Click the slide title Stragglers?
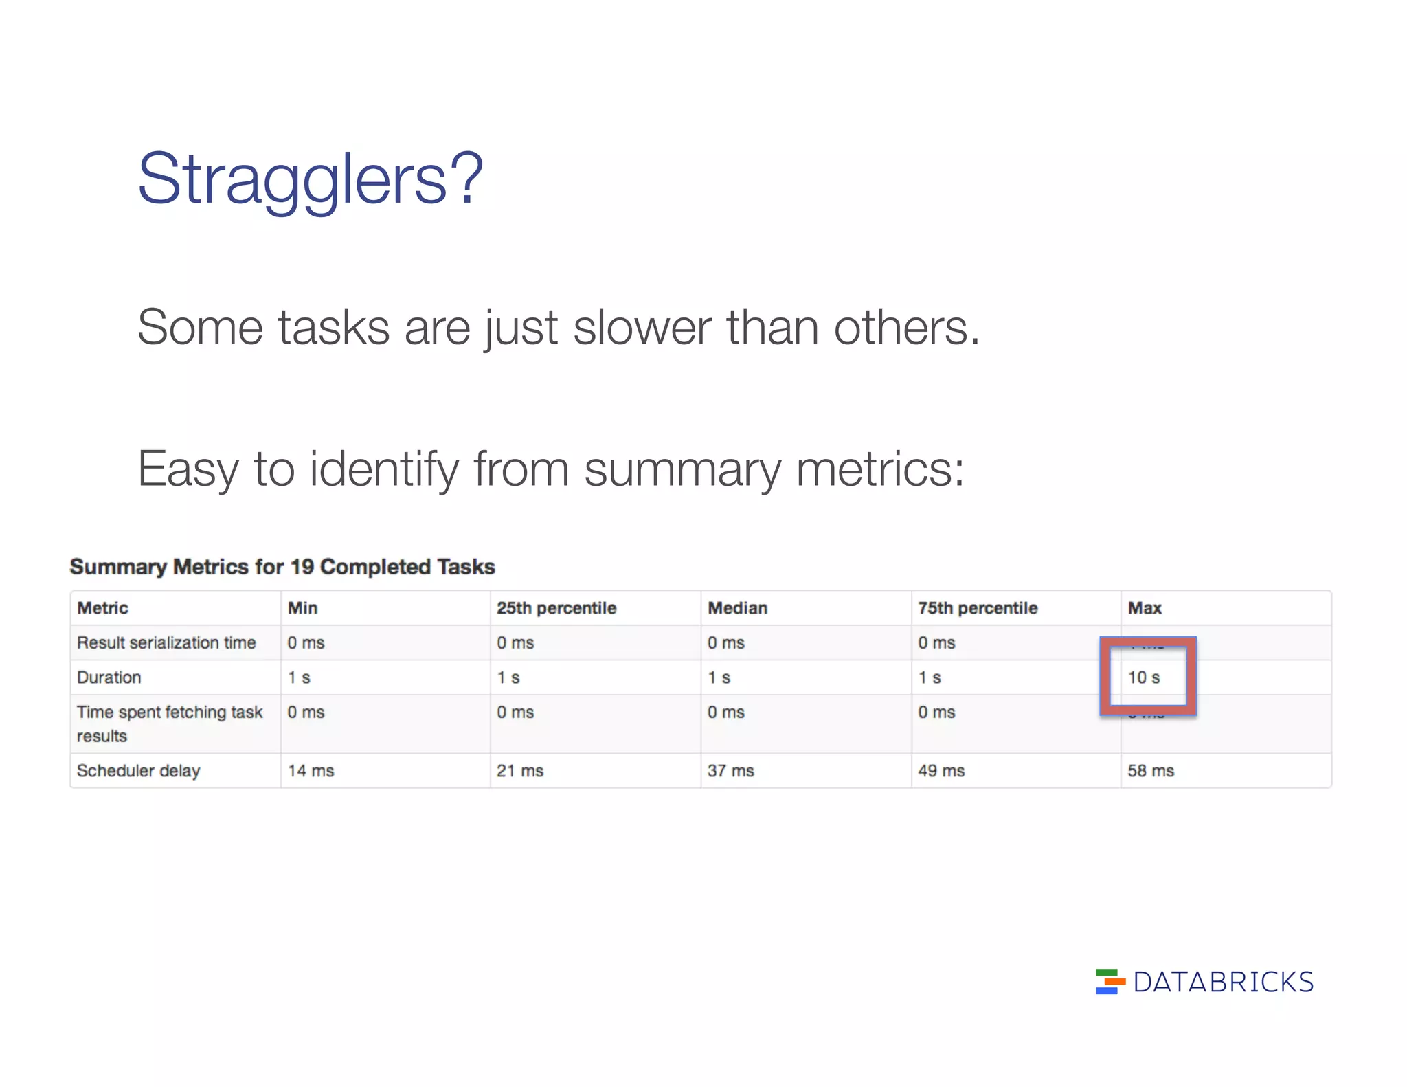[311, 179]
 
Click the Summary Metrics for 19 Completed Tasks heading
[282, 567]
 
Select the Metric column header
[103, 608]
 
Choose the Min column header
[302, 608]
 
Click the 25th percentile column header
[556, 608]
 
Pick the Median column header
[737, 608]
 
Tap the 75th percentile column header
[978, 608]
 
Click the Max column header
[1145, 608]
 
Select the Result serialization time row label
[166, 643]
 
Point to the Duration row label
[109, 677]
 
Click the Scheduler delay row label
[138, 771]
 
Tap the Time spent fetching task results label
[169, 724]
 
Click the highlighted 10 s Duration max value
[1144, 677]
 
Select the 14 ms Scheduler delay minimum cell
[311, 771]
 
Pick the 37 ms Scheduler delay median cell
[731, 771]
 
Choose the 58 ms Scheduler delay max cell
[1151, 771]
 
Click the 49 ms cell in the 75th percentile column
[941, 771]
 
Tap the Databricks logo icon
[1110, 982]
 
